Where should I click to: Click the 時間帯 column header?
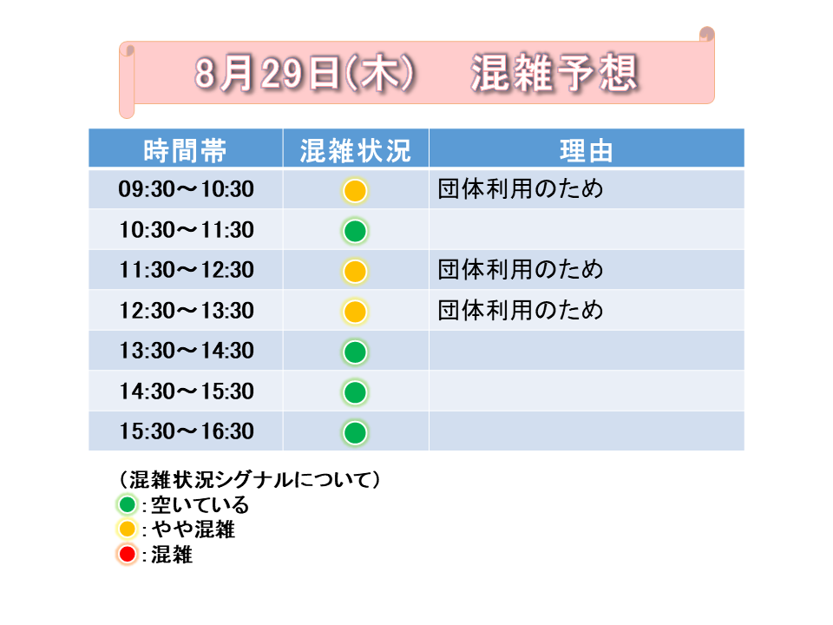[185, 150]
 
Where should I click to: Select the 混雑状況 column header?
[356, 150]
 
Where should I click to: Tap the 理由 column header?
[587, 150]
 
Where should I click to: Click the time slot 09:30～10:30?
[186, 189]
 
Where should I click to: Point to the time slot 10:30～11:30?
[186, 229]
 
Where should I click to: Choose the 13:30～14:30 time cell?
[186, 351]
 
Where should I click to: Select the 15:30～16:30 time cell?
[186, 431]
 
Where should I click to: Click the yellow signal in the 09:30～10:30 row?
[355, 191]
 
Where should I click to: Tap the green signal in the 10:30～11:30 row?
[355, 231]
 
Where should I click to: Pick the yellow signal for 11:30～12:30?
[355, 272]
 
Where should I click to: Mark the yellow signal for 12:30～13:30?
[355, 312]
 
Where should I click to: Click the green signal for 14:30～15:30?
[355, 392]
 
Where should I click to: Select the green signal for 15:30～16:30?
[355, 432]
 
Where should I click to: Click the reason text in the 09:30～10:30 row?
[521, 189]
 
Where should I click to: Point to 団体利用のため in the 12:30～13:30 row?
[521, 311]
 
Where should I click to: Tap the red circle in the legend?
[128, 555]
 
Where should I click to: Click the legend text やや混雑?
[193, 530]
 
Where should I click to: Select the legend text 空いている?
[200, 504]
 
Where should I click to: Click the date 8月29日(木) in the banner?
[305, 73]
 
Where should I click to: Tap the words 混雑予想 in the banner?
[554, 73]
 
